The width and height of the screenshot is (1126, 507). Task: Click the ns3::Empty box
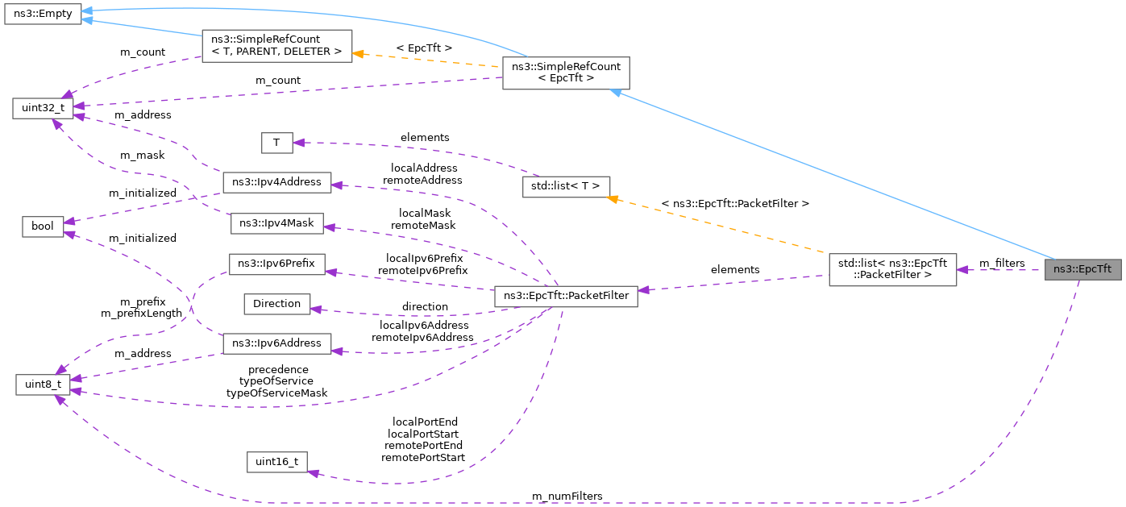tap(43, 15)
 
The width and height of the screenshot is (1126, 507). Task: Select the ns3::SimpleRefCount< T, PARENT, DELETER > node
tap(276, 46)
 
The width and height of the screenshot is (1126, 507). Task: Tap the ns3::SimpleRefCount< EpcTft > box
tap(565, 73)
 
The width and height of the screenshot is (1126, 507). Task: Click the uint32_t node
tap(43, 108)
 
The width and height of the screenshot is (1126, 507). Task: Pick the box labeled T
tap(276, 143)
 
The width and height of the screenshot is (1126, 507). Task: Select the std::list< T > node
tap(566, 186)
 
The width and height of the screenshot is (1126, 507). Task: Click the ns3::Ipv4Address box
tap(276, 182)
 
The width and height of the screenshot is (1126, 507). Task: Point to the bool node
tap(43, 226)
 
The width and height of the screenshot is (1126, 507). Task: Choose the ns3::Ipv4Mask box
tap(276, 224)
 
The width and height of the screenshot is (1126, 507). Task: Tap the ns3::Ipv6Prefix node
tap(276, 264)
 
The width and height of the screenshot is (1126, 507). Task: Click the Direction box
tap(276, 304)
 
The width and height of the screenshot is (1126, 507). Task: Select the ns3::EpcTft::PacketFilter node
tap(566, 297)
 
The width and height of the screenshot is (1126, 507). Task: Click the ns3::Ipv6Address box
tap(276, 343)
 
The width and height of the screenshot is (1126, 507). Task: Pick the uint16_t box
tap(276, 462)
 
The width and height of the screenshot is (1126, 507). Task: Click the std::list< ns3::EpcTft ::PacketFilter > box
tap(892, 269)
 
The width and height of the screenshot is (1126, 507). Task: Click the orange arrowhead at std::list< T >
tap(614, 198)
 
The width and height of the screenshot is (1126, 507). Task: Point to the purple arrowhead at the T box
tap(297, 143)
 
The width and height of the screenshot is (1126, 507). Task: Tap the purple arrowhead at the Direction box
tap(315, 309)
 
